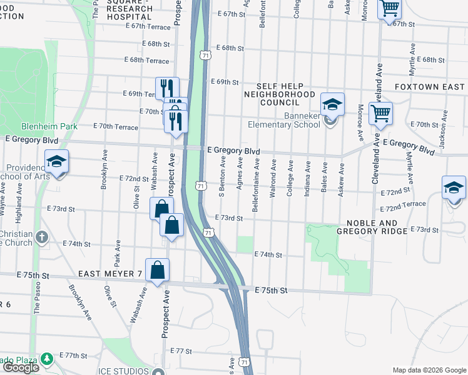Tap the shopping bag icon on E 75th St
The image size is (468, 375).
[158, 270]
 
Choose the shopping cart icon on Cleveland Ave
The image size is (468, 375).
[380, 113]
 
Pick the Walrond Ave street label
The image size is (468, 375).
[273, 179]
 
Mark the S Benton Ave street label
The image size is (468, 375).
[222, 176]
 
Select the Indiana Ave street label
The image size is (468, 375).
[308, 179]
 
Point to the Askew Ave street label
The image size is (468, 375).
[342, 181]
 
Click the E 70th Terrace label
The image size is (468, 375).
[116, 126]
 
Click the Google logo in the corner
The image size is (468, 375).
[21, 367]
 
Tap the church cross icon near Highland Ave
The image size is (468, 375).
[42, 237]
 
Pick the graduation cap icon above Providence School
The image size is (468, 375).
[56, 162]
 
